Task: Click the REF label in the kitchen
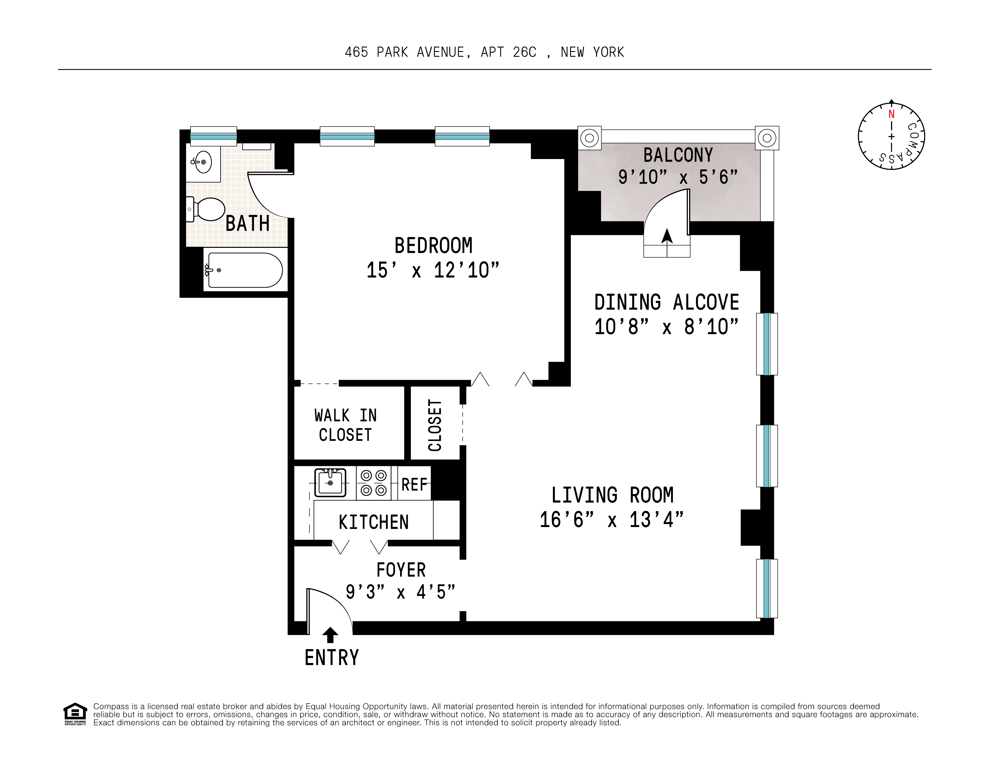[414, 485]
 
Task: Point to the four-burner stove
[374, 483]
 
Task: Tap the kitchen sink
[330, 483]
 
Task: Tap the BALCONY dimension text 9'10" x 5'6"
[678, 177]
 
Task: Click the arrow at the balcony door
[667, 236]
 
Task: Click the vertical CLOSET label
[435, 425]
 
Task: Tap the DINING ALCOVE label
[666, 302]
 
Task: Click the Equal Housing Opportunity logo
[75, 714]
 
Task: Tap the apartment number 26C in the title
[525, 53]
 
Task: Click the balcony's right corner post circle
[767, 138]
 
